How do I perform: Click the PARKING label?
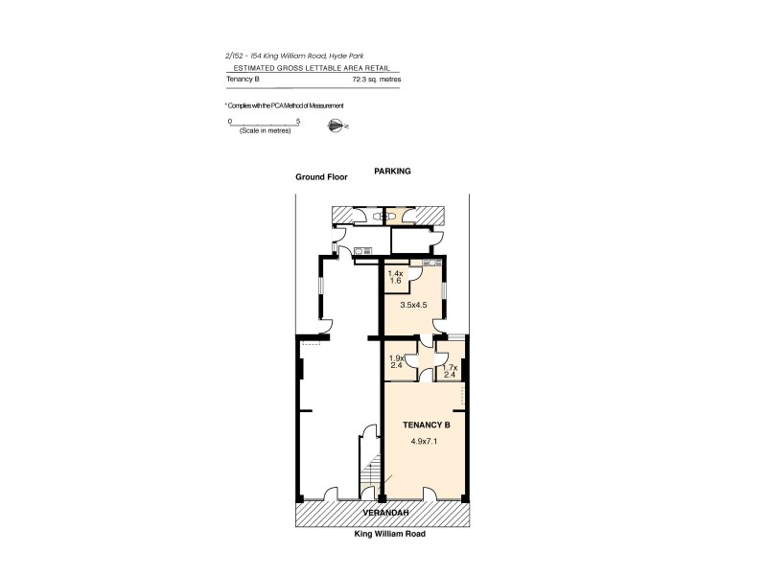click(x=392, y=171)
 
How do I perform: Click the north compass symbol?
click(x=337, y=124)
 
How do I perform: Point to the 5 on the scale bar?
click(x=299, y=121)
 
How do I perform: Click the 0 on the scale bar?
click(x=229, y=121)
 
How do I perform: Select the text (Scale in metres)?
click(x=265, y=130)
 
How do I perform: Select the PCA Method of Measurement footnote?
click(x=284, y=104)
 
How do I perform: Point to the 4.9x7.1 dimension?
click(x=425, y=442)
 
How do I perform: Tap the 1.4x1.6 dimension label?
click(x=395, y=278)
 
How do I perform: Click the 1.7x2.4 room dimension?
click(x=448, y=370)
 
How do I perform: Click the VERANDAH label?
click(x=381, y=515)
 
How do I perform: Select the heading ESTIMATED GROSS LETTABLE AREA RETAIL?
click(x=312, y=69)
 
